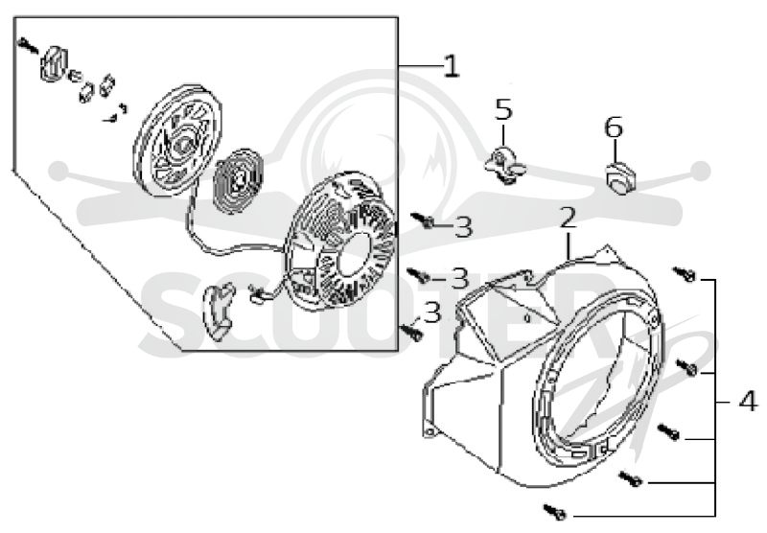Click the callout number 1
(452, 65)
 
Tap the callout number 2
(568, 218)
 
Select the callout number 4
(748, 402)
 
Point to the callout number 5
(503, 109)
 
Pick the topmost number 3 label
(463, 227)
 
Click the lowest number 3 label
(432, 313)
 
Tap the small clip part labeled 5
(505, 166)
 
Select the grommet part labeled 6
(620, 176)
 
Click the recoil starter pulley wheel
(178, 141)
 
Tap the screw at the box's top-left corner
(28, 45)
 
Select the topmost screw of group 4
(685, 274)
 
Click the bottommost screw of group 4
(554, 511)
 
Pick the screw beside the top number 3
(423, 220)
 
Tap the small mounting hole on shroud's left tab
(430, 431)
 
